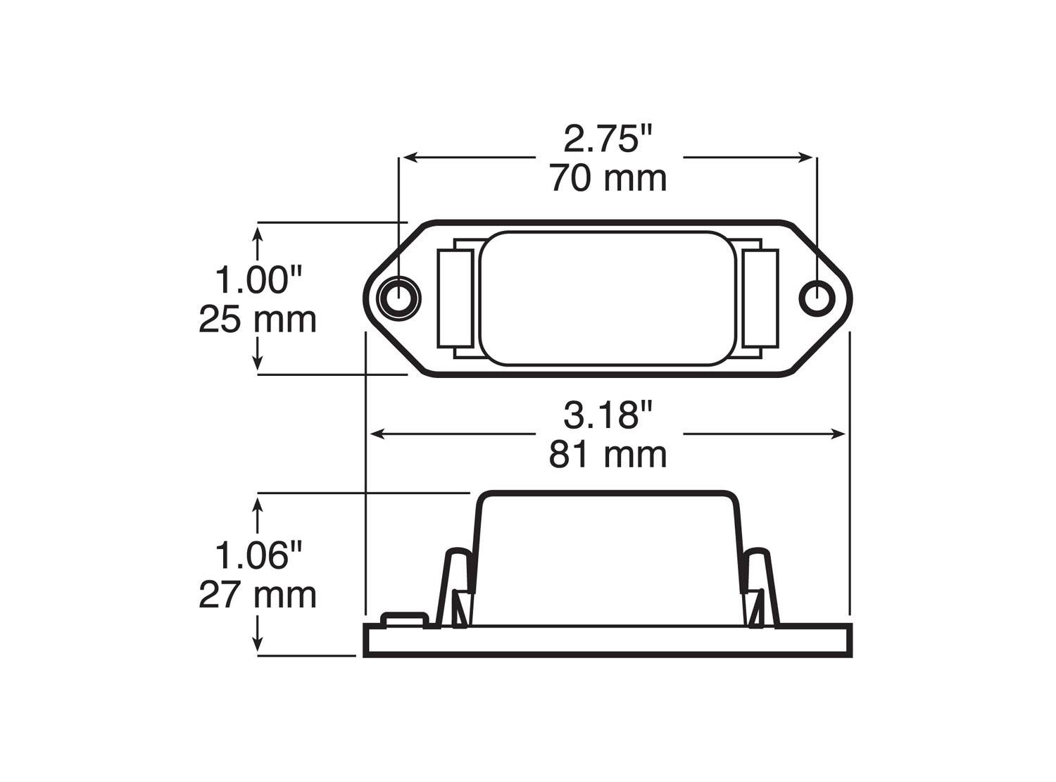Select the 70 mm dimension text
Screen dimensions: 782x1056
pyautogui.click(x=608, y=178)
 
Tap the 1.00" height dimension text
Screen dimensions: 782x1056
pyautogui.click(x=258, y=279)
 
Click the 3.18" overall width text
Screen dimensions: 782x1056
pyautogui.click(x=610, y=415)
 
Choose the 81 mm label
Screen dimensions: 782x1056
pyautogui.click(x=608, y=455)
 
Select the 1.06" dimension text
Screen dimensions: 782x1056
pyautogui.click(x=258, y=555)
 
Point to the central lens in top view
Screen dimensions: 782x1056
pyautogui.click(x=608, y=298)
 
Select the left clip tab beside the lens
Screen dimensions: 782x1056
pyautogui.click(x=455, y=298)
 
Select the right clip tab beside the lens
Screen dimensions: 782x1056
pyautogui.click(x=760, y=298)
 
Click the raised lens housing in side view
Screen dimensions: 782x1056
pyautogui.click(x=608, y=556)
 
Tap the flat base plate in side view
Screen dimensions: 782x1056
pyautogui.click(x=608, y=640)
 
